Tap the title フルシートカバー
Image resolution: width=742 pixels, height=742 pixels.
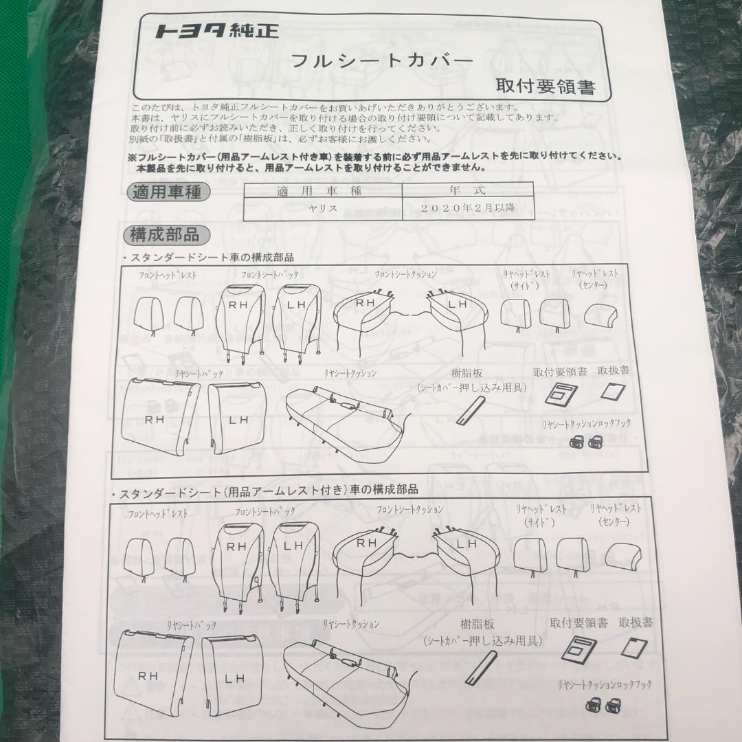[383, 60]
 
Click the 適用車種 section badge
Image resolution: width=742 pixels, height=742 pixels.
[166, 192]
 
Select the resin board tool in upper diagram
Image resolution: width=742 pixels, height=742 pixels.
[470, 411]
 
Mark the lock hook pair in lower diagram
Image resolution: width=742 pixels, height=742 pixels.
[603, 704]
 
